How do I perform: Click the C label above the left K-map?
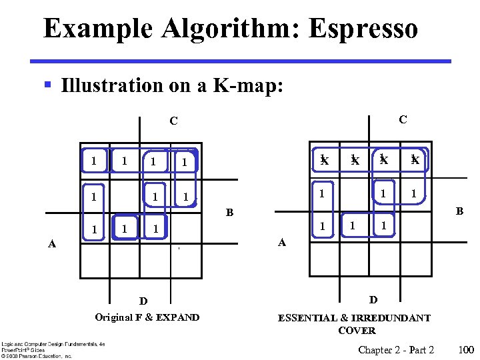coord(173,121)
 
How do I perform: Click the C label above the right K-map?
coord(403,120)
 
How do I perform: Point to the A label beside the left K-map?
coord(51,244)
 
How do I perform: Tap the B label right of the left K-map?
coord(229,214)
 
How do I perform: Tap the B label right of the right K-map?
coord(459,211)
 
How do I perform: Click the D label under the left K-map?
coord(143,301)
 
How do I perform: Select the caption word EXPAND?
coord(178,317)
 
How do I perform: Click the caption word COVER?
coord(357,330)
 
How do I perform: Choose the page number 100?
coord(466,350)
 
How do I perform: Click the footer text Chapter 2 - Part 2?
coord(396,350)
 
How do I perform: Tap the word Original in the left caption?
coord(114,317)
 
